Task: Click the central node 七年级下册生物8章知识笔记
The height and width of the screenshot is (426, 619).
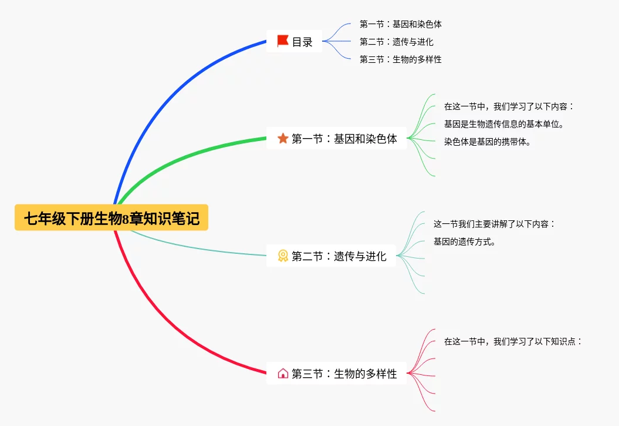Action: (x=111, y=218)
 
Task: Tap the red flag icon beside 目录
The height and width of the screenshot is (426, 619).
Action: (x=283, y=41)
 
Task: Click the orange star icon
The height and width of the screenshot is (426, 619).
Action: (x=283, y=139)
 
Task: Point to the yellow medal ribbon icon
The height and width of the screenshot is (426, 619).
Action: (x=283, y=256)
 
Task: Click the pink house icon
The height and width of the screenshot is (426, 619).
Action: (x=283, y=373)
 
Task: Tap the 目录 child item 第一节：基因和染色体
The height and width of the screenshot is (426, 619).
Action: (x=401, y=24)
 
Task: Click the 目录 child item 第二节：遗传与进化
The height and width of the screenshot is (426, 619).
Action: (x=397, y=42)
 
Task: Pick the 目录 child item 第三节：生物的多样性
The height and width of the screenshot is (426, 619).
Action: (x=401, y=59)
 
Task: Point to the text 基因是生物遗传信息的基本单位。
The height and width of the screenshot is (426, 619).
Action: (x=504, y=124)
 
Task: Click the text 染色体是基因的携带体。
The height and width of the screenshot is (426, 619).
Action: (x=488, y=142)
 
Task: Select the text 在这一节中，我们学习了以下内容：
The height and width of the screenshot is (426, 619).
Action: (x=509, y=106)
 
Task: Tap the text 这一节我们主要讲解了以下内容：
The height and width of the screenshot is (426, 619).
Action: (x=494, y=224)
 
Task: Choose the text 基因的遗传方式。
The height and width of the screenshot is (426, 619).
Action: (x=465, y=241)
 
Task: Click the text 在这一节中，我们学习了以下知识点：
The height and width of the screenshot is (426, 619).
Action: (x=513, y=341)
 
